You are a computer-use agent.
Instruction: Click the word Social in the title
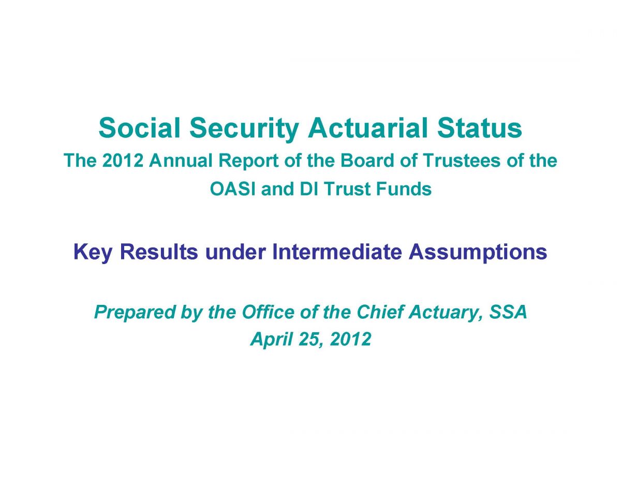coord(139,128)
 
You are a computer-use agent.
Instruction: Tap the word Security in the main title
coord(244,130)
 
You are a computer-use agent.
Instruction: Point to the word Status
coord(479,128)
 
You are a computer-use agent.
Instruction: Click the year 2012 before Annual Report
coord(123,160)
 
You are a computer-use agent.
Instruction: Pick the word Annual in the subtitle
coord(181,160)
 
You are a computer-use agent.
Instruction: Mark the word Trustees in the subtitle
coord(462,160)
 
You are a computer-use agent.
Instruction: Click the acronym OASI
coord(233,189)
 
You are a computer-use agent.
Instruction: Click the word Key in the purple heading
coord(93,253)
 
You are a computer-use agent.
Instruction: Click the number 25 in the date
coord(311,339)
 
